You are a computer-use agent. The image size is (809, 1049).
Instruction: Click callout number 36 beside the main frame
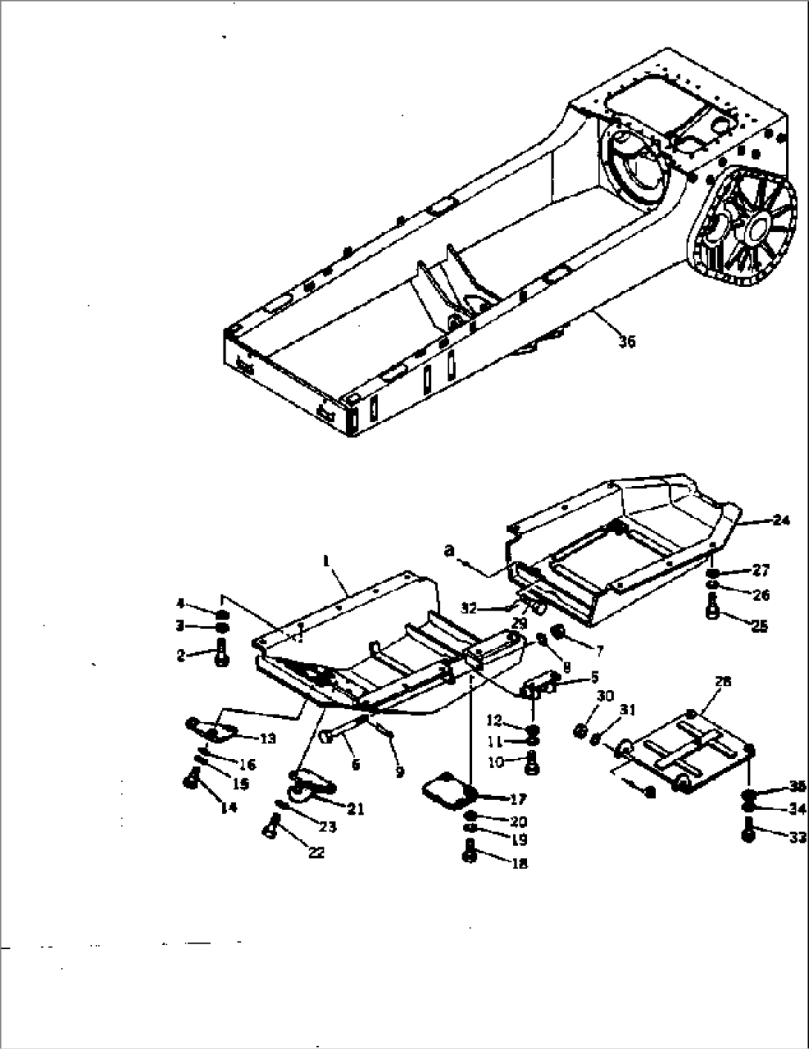click(x=627, y=342)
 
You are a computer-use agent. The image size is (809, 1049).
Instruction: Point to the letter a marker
click(x=448, y=550)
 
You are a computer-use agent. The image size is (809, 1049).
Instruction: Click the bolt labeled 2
click(x=220, y=656)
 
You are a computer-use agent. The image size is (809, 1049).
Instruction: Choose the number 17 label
click(x=518, y=799)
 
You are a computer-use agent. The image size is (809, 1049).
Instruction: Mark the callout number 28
click(x=723, y=681)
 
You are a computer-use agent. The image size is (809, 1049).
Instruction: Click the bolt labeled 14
click(x=190, y=780)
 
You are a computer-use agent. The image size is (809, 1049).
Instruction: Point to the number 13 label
click(x=267, y=738)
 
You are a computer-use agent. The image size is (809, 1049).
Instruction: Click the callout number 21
click(x=356, y=809)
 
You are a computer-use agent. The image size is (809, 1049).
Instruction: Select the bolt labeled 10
click(x=532, y=759)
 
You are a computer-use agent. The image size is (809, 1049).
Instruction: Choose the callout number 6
click(x=356, y=763)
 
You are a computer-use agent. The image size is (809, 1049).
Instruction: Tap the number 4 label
click(x=180, y=602)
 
